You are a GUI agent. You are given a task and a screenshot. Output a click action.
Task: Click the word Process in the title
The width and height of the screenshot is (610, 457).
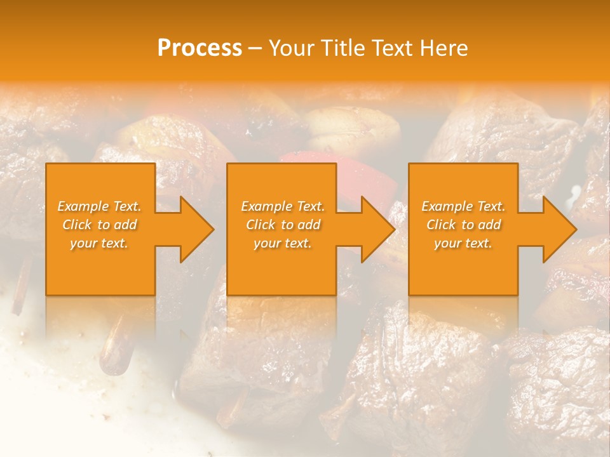pos(200,48)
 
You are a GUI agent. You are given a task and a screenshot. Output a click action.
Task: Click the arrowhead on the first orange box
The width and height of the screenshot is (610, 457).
pos(194,229)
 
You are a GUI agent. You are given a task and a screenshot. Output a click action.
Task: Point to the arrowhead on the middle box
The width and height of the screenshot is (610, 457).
pos(375,229)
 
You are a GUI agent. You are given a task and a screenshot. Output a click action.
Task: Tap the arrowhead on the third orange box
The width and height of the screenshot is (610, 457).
pos(557,229)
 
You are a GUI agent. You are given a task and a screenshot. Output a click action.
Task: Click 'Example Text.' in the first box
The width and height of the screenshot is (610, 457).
pos(99,206)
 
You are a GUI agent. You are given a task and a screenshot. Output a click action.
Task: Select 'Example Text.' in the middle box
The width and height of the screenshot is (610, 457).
pos(283,206)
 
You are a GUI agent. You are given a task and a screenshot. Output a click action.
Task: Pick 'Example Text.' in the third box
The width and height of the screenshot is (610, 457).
pos(463,206)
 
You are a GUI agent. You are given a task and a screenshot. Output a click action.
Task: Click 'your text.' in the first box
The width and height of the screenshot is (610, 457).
pos(99,243)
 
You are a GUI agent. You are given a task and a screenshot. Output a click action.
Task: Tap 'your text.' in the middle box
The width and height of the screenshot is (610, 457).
pos(283,243)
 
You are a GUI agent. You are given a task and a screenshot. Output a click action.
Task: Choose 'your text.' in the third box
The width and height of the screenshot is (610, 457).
pos(463,243)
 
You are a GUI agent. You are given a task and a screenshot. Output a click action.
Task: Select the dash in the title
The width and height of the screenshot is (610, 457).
pos(255,48)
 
